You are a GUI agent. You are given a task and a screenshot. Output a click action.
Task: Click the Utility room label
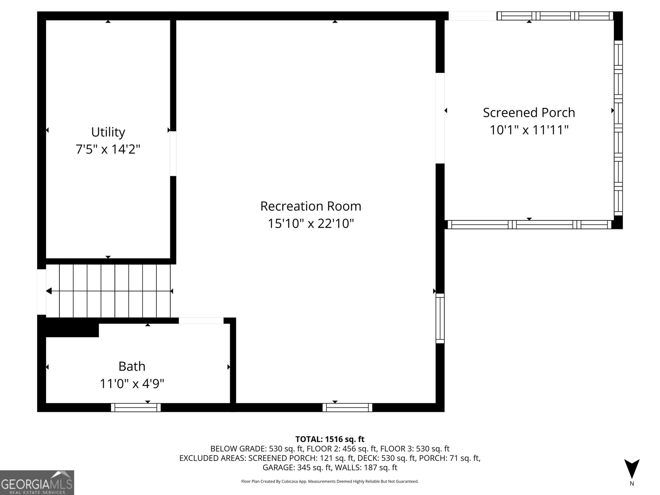108,132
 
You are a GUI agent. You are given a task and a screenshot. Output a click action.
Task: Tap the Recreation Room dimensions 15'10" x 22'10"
311,224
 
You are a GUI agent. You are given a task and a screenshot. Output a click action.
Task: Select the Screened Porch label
529,113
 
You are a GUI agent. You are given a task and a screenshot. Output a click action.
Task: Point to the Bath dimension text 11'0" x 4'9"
132,384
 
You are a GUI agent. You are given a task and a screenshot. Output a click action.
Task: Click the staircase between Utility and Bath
108,291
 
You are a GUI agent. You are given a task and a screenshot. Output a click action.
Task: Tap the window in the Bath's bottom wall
136,408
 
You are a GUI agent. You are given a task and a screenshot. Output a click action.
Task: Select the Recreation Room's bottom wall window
347,408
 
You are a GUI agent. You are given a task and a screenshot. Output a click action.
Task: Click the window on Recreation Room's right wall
440,318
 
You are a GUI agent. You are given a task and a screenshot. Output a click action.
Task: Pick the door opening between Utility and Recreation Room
173,153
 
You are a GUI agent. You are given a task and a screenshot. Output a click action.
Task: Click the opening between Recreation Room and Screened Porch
440,118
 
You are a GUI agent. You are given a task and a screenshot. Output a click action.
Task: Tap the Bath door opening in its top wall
201,321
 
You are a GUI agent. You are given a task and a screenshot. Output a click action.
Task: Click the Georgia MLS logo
37,483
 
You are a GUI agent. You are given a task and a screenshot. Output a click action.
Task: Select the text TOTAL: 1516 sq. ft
330,439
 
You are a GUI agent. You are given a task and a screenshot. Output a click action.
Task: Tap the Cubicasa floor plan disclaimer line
330,481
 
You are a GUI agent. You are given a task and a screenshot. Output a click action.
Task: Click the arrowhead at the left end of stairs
49,291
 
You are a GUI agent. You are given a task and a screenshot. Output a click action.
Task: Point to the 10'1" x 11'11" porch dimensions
529,130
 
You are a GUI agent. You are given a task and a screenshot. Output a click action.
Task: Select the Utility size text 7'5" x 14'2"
108,149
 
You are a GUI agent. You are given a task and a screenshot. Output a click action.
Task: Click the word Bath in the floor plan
132,366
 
